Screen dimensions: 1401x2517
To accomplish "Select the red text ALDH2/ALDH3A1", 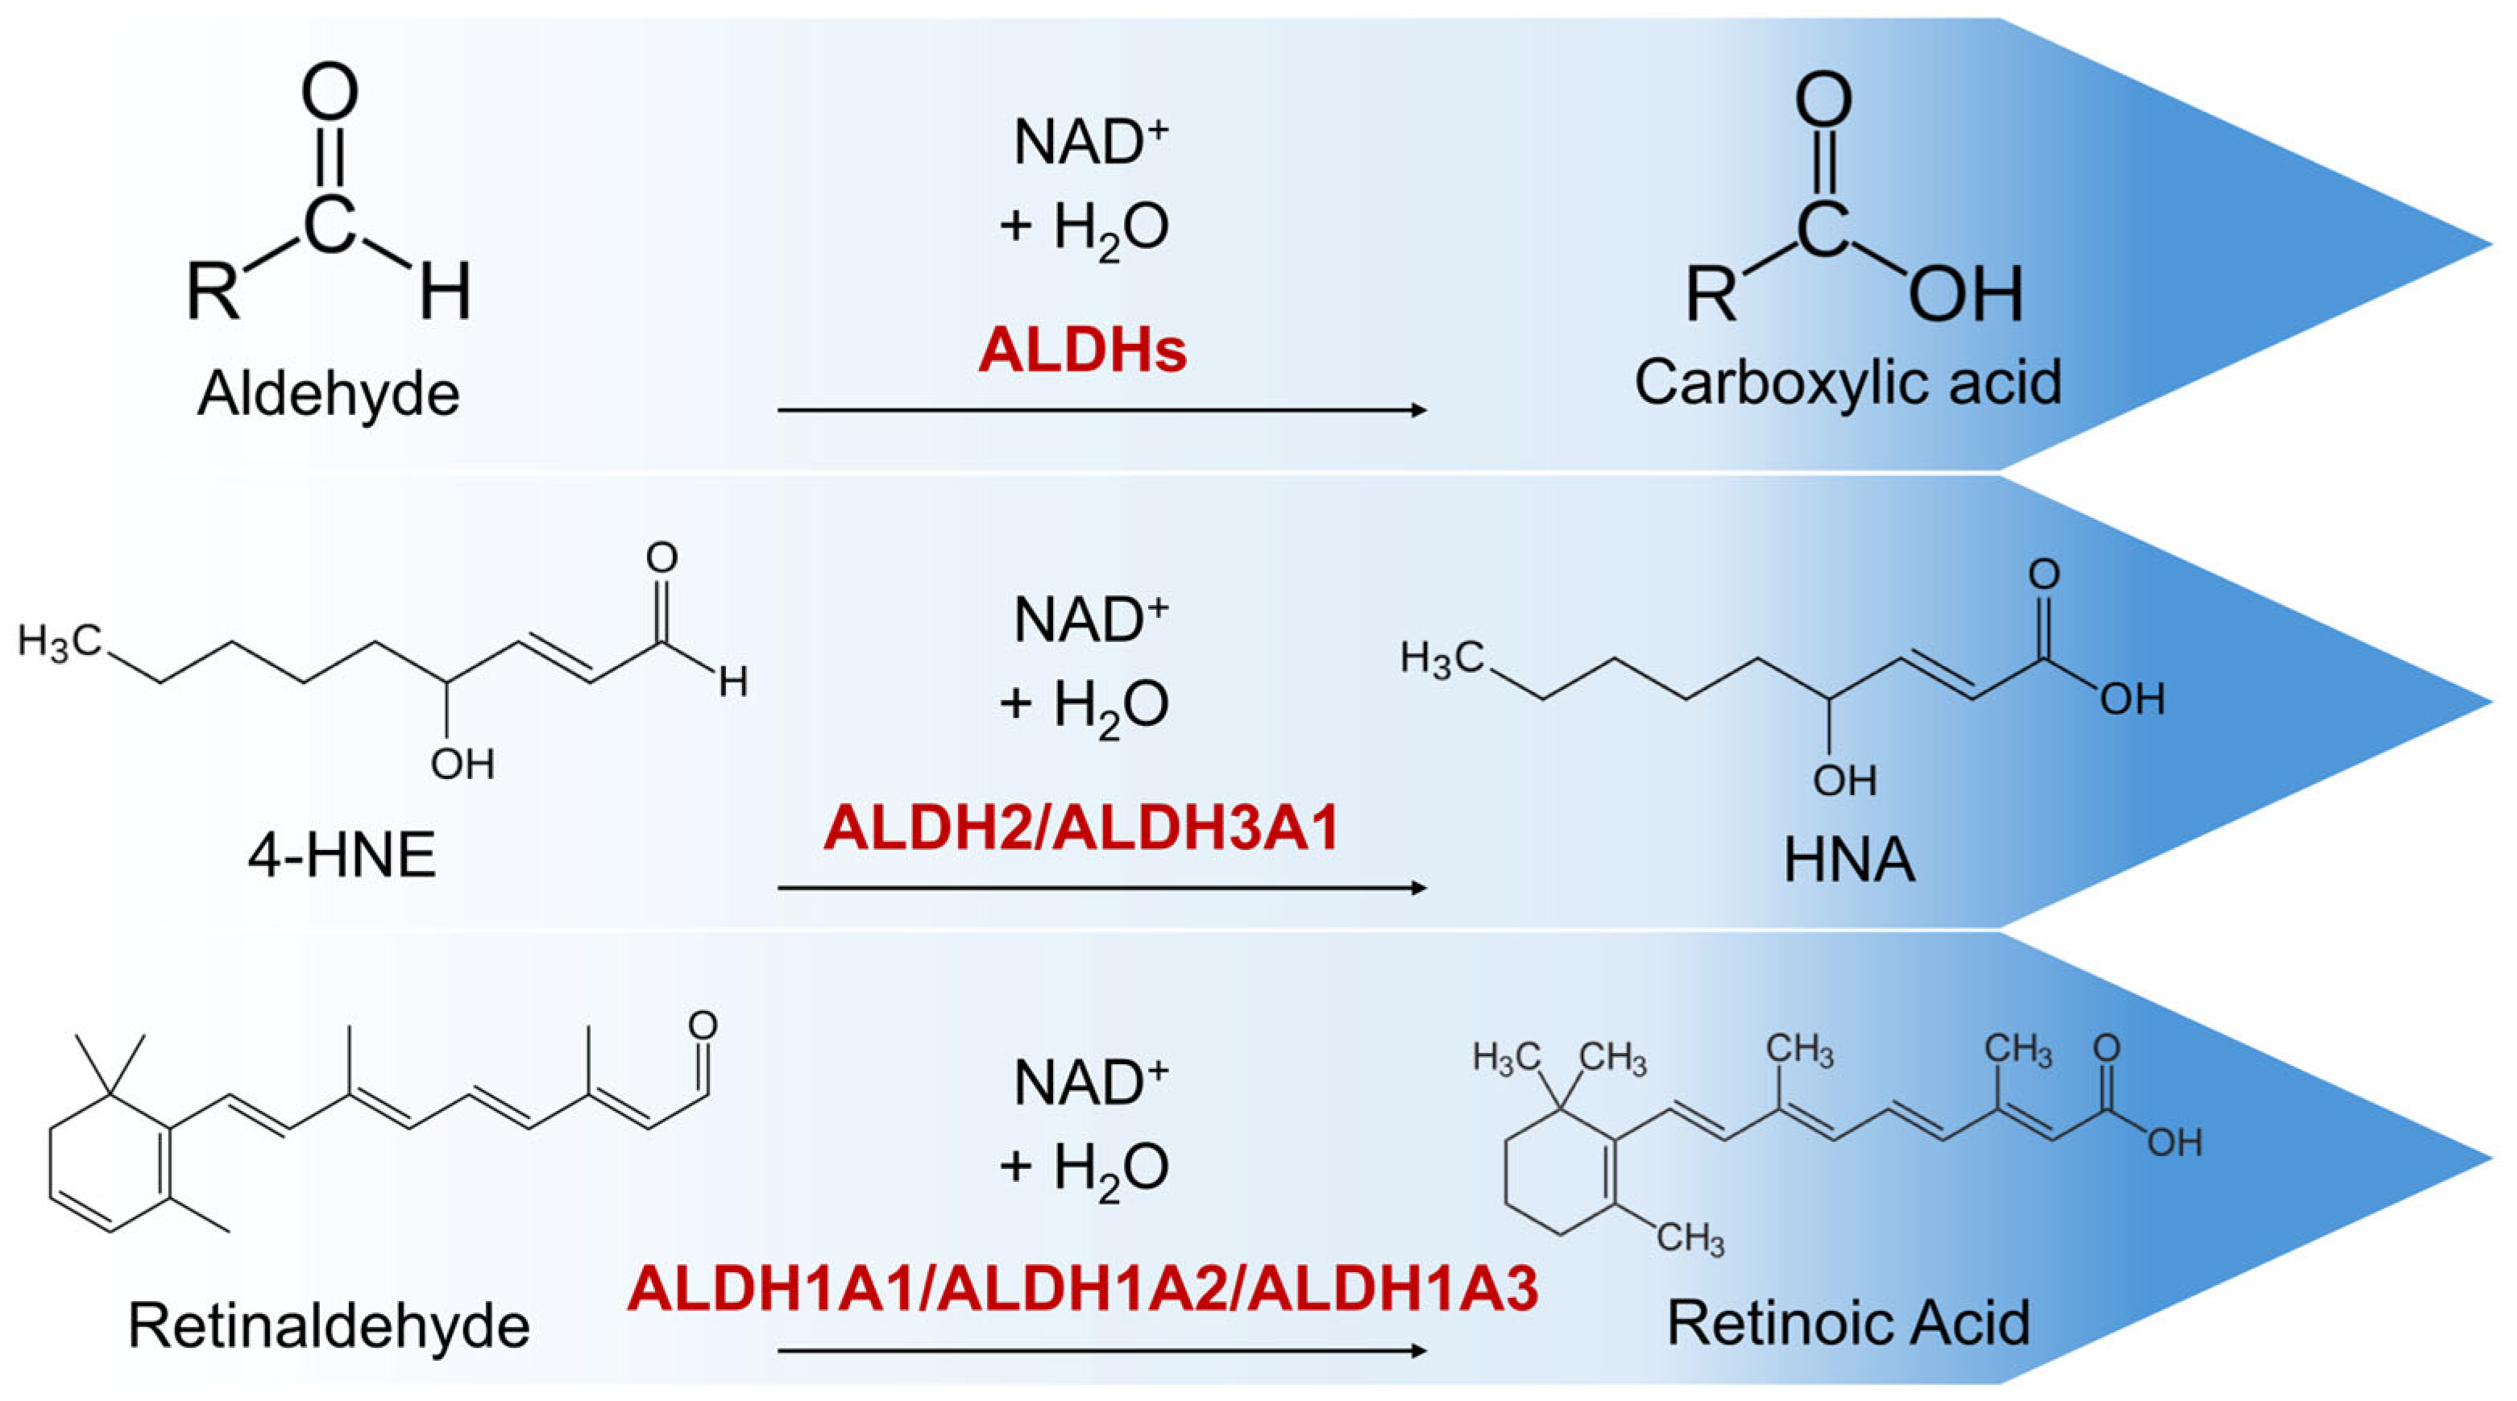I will (1081, 828).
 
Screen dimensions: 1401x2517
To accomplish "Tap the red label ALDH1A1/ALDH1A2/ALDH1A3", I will (1083, 1287).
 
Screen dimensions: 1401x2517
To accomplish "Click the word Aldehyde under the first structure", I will (328, 394).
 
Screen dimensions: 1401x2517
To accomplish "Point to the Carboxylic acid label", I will (1847, 382).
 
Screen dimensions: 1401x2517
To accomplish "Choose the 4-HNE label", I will (341, 857).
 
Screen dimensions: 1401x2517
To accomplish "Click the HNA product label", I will (1848, 860).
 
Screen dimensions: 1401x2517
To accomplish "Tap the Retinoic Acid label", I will (1847, 1323).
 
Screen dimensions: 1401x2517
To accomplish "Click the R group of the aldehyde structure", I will (213, 291).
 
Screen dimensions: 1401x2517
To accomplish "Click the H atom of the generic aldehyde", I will (446, 291).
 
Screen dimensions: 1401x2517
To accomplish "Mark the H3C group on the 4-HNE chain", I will (59, 643).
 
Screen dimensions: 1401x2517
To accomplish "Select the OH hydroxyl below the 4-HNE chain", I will (462, 764).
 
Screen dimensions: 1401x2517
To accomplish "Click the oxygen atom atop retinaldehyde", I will (703, 1025).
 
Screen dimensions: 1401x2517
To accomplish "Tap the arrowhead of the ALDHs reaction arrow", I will (1420, 410).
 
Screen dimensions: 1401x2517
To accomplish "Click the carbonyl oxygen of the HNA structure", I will (2043, 574).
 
